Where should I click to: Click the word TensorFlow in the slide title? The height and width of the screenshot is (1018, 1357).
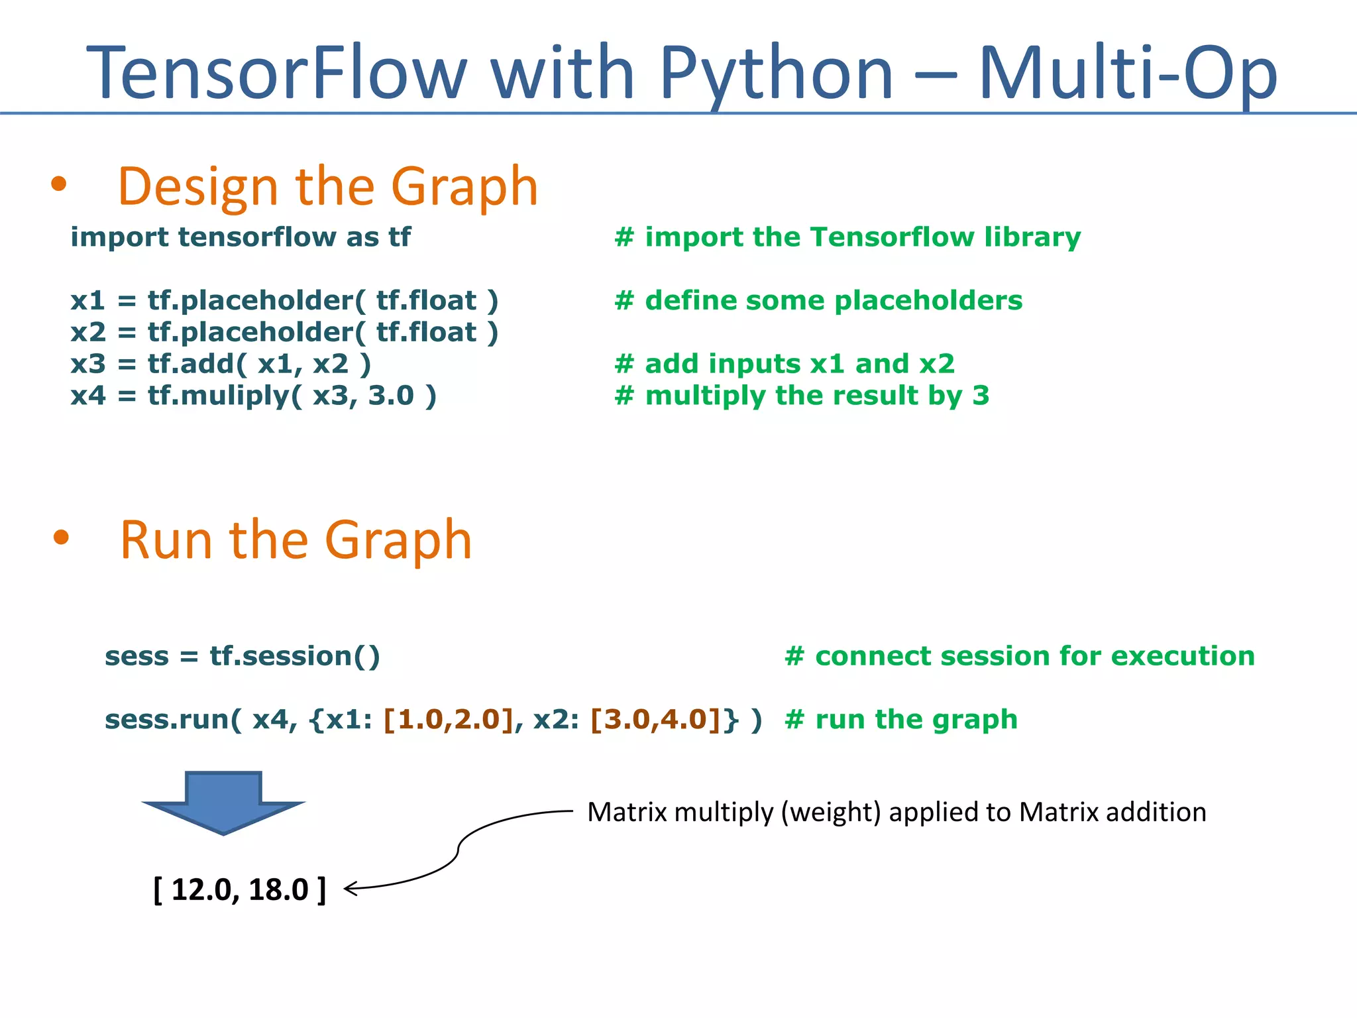pyautogui.click(x=277, y=73)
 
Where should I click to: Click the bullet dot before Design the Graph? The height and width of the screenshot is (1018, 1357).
pyautogui.click(x=59, y=184)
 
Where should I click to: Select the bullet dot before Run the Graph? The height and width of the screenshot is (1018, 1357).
pyautogui.click(x=61, y=537)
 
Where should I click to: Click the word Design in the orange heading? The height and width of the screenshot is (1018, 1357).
pyautogui.click(x=197, y=188)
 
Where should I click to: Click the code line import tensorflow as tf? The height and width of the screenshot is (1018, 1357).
pyautogui.click(x=241, y=237)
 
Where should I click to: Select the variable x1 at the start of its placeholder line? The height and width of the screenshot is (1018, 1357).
pyautogui.click(x=87, y=301)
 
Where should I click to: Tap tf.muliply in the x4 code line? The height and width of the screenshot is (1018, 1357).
pyautogui.click(x=219, y=396)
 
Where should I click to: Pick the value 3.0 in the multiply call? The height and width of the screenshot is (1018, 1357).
pyautogui.click(x=391, y=396)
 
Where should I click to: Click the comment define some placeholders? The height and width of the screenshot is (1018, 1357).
pyautogui.click(x=818, y=301)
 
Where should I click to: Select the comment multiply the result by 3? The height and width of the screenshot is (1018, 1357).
pyautogui.click(x=802, y=396)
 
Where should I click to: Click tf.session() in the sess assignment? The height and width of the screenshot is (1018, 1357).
pyautogui.click(x=295, y=656)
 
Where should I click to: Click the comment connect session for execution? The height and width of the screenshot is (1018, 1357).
pyautogui.click(x=1019, y=656)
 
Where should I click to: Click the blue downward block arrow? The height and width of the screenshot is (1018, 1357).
pyautogui.click(x=223, y=802)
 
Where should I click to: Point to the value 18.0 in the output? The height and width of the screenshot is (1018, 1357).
pyautogui.click(x=278, y=889)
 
